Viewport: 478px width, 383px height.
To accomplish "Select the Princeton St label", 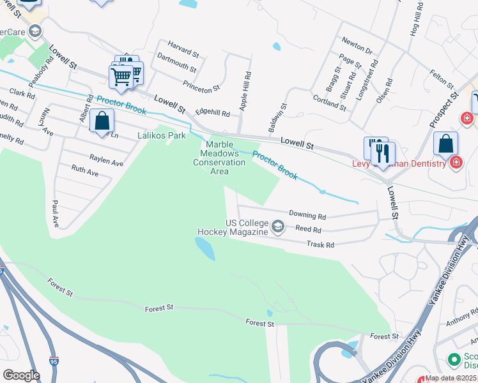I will pyautogui.click(x=201, y=84).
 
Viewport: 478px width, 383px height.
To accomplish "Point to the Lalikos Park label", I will pyautogui.click(x=161, y=135).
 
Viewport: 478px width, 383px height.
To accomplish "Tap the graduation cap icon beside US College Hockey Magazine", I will pyautogui.click(x=278, y=227).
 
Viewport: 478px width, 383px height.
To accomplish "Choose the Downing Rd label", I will pyautogui.click(x=307, y=216).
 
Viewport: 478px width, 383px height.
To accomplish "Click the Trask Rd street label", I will pyautogui.click(x=321, y=244).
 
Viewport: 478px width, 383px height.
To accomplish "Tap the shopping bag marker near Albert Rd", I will pyautogui.click(x=102, y=121).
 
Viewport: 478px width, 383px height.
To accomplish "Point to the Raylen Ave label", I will pyautogui.click(x=106, y=163).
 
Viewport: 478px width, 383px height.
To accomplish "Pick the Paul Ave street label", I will pyautogui.click(x=56, y=214).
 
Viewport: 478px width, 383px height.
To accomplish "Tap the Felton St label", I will pyautogui.click(x=442, y=79).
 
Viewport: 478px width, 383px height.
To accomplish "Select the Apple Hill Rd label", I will pyautogui.click(x=245, y=92).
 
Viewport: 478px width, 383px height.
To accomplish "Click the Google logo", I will pyautogui.click(x=21, y=375).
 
